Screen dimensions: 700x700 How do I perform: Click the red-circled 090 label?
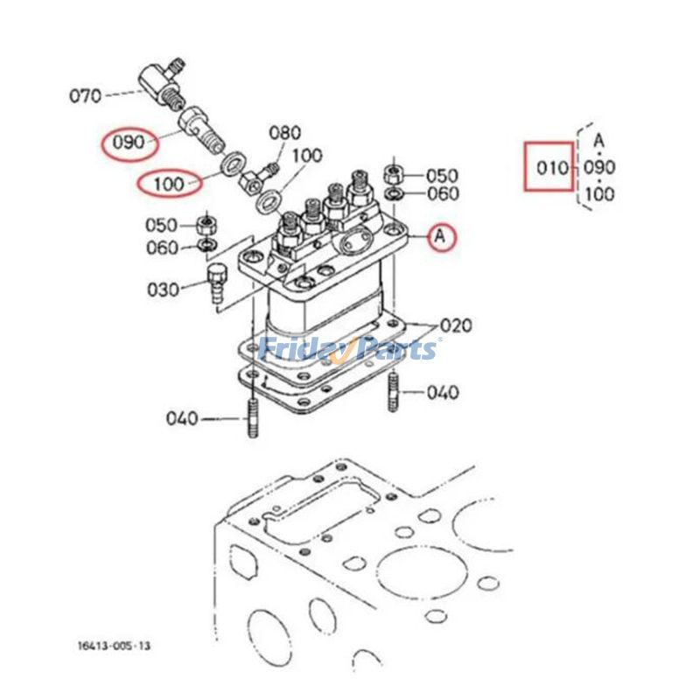[x=128, y=142]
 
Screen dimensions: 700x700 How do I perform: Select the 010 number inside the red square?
[x=551, y=166]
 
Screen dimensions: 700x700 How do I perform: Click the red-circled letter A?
[x=442, y=234]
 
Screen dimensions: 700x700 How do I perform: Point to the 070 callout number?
[x=85, y=95]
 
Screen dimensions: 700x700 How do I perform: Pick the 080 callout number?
[x=284, y=133]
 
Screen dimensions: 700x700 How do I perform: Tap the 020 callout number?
[x=456, y=326]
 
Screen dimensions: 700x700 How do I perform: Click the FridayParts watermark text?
[x=349, y=349]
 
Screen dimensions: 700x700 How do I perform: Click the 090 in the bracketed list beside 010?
[x=599, y=166]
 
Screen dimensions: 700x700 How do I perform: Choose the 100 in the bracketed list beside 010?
[x=599, y=194]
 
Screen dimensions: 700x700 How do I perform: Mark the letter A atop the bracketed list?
[x=598, y=139]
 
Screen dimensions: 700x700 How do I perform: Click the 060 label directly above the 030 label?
[x=162, y=248]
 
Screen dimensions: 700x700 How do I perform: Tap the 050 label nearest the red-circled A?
[x=443, y=175]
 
